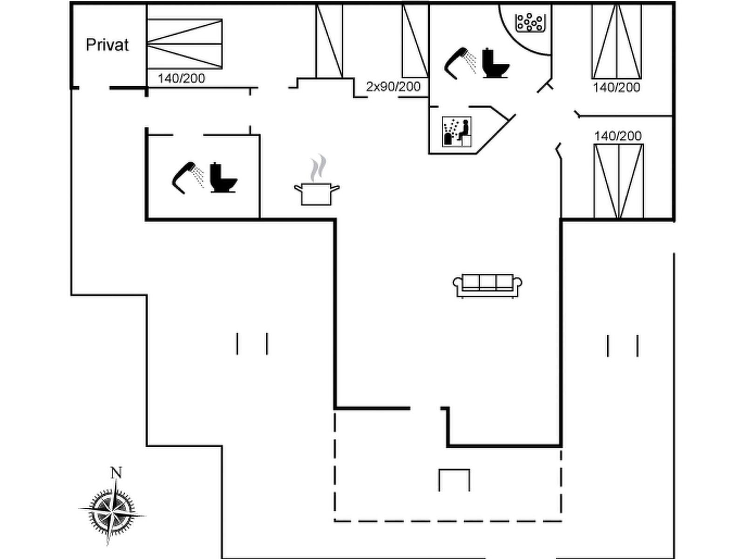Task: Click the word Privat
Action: point(107,45)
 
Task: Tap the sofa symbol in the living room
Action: point(488,285)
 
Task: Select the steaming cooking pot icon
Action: point(317,186)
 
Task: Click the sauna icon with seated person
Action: point(456,131)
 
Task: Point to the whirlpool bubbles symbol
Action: point(530,22)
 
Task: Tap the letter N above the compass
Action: point(116,473)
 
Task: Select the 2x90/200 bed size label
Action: point(393,87)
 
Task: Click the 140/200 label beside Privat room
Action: point(181,78)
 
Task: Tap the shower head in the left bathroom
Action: point(187,177)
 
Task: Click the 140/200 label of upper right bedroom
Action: point(616,88)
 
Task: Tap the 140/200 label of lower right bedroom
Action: point(618,136)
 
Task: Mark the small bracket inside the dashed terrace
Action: point(454,479)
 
